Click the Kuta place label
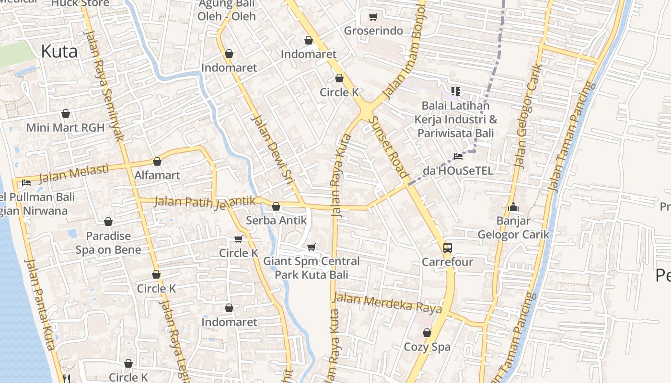[x=59, y=51]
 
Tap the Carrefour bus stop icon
[x=447, y=248]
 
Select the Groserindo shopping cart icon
[x=373, y=17]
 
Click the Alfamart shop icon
[x=157, y=162]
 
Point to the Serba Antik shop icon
[x=276, y=206]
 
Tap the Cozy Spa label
[x=427, y=347]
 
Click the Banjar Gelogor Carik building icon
[x=513, y=207]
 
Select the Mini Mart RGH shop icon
[x=66, y=114]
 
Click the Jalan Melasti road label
[x=74, y=173]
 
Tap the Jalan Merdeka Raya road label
[x=387, y=303]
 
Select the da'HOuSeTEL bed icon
[x=458, y=157]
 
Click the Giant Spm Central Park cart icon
[x=312, y=247]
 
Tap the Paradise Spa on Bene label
[x=108, y=243]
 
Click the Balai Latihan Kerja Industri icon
[x=455, y=90]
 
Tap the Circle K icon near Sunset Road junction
[x=339, y=78]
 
